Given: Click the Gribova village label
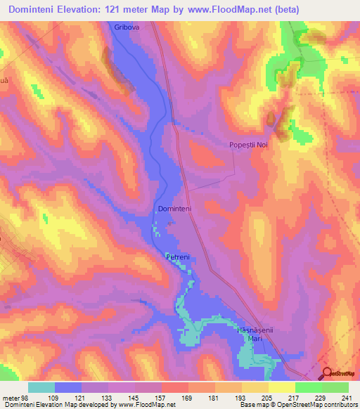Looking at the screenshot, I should click(127, 27).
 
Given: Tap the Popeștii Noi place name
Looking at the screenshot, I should click(249, 145).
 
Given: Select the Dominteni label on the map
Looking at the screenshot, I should click(175, 209).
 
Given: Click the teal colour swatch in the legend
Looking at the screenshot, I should click(41, 387).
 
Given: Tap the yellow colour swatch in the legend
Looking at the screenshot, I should click(282, 387).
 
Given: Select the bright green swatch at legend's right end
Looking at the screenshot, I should click(335, 387).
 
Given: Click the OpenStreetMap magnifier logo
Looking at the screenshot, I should click(328, 375).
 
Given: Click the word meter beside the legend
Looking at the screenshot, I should click(10, 398).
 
